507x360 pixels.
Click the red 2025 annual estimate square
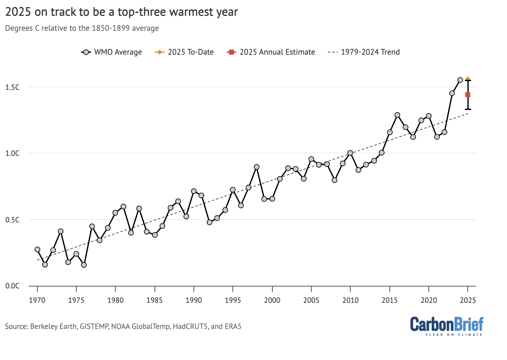point(468,95)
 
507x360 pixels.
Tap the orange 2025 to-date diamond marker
point(468,79)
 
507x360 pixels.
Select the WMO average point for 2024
point(460,80)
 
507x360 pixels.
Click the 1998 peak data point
point(257,167)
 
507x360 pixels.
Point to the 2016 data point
point(397,115)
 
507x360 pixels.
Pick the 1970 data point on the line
point(37,249)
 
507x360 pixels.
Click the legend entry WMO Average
point(112,52)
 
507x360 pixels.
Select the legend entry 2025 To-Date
point(184,52)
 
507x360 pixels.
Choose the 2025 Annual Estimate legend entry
point(271,52)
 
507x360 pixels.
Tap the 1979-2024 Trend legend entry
point(364,52)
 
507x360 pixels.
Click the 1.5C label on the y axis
point(13,87)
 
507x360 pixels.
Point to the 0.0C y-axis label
point(13,286)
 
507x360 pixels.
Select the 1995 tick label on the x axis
point(233,300)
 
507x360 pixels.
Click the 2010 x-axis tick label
point(350,300)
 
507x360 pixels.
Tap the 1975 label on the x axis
point(76,300)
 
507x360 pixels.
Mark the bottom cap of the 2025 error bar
point(468,109)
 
